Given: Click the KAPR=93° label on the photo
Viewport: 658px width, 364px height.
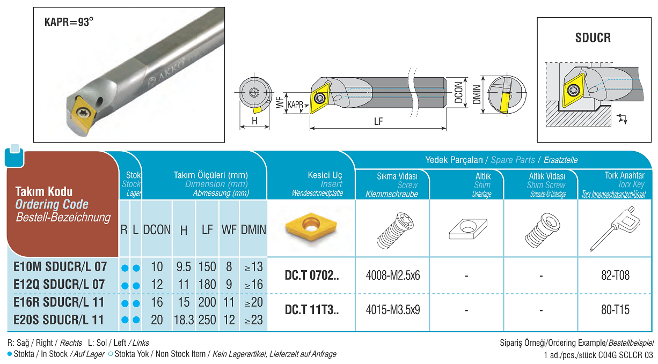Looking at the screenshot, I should tap(69, 23).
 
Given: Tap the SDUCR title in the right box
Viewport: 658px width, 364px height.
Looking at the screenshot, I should tap(593, 38).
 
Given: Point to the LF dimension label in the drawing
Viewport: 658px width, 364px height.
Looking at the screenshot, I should tap(378, 122).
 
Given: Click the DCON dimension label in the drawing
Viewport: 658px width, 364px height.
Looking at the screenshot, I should tap(458, 92).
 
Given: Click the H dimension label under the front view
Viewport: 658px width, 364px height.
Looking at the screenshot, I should tap(254, 122).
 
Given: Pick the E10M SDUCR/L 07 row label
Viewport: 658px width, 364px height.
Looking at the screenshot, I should tap(61, 266).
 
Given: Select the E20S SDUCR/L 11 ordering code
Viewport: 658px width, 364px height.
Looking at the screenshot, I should tap(59, 320).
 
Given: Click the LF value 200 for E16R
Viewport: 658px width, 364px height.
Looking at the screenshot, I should tap(207, 302).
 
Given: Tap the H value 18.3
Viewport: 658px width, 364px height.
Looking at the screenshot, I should tap(184, 320).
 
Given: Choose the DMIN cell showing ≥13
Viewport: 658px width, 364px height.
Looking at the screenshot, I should tap(253, 266).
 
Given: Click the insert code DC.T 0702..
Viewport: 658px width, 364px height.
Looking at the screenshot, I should tap(311, 276).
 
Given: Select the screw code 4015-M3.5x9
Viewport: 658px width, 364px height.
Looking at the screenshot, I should tap(393, 310).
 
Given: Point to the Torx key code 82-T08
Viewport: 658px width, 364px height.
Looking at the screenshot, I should tap(615, 276).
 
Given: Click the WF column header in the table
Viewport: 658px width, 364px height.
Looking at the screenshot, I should tap(229, 230).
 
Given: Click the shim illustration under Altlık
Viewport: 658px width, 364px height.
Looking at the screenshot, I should tap(467, 229).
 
